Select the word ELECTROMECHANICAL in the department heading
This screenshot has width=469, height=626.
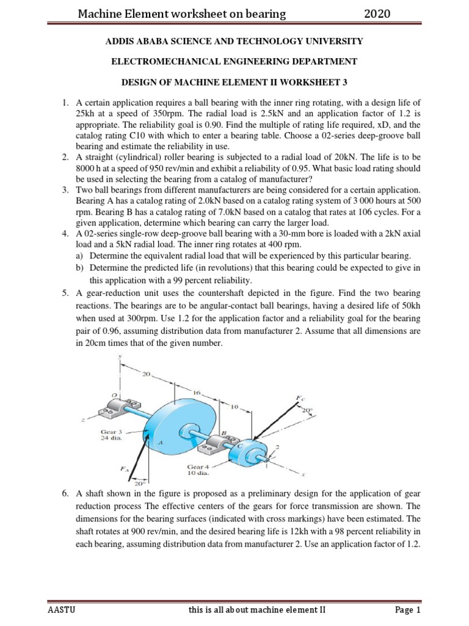pyautogui.click(x=160, y=61)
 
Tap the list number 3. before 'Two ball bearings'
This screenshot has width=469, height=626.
pyautogui.click(x=65, y=191)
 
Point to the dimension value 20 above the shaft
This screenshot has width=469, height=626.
pyautogui.click(x=145, y=373)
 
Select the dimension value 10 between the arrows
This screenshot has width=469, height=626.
pyautogui.click(x=234, y=405)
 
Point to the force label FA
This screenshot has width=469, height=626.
pyautogui.click(x=125, y=468)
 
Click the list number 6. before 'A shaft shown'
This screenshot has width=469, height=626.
pyautogui.click(x=65, y=493)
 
